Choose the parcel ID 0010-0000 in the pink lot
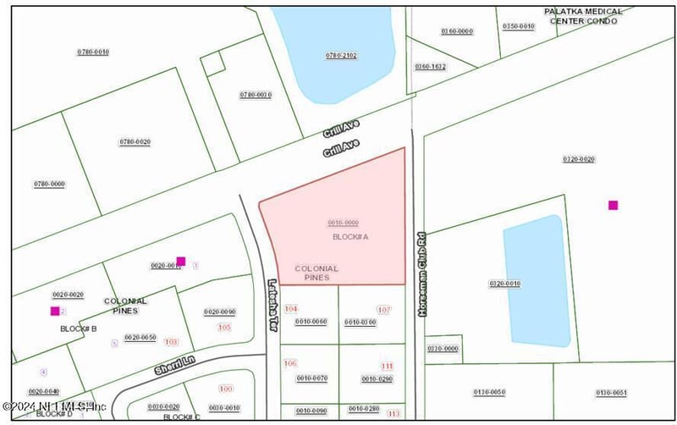tap(344, 223)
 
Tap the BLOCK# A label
tap(350, 237)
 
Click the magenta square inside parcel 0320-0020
tap(613, 205)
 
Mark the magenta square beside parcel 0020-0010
tap(180, 261)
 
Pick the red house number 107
tap(384, 310)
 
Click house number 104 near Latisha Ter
tap(292, 309)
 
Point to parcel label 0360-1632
tap(430, 66)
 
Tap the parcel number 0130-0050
tap(489, 392)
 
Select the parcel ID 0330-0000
tap(443, 348)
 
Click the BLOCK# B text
tap(79, 328)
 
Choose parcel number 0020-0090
tap(219, 312)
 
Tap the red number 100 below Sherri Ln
tap(225, 389)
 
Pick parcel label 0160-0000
tap(457, 31)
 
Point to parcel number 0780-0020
tap(135, 141)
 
